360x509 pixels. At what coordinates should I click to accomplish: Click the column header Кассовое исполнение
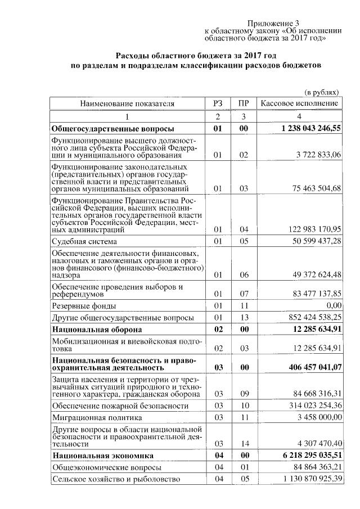tap(299, 103)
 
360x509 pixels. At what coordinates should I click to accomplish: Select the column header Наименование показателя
tap(127, 103)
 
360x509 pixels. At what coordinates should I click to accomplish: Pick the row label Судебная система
tap(84, 242)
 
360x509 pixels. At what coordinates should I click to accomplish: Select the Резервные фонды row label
tap(84, 306)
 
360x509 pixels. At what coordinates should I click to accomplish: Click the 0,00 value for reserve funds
tap(332, 306)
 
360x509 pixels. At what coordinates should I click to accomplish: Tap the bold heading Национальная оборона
tap(97, 328)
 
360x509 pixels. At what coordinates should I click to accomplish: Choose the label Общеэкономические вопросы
tap(107, 467)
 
